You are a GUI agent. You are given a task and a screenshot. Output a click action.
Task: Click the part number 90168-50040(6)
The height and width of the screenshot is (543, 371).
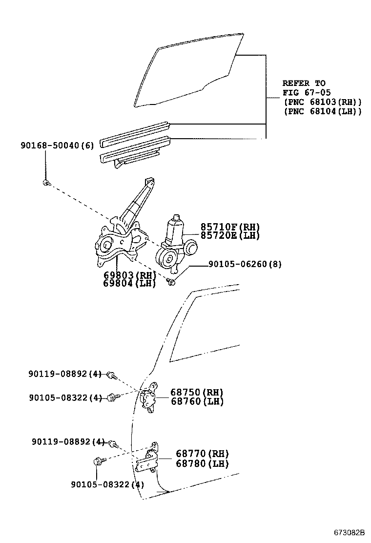(x=57, y=146)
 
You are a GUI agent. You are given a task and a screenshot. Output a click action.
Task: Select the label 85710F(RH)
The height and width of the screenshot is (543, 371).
(x=229, y=227)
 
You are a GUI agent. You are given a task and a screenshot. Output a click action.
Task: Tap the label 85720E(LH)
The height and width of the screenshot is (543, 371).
(x=229, y=235)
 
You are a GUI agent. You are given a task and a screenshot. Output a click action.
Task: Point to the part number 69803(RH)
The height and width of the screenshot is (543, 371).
(x=129, y=275)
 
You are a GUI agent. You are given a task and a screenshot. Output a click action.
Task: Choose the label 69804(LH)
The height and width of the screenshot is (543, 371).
(x=129, y=283)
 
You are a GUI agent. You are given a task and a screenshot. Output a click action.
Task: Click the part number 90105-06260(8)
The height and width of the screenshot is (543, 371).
(x=245, y=264)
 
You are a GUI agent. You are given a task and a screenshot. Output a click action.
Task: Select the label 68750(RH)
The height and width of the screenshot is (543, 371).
(x=197, y=392)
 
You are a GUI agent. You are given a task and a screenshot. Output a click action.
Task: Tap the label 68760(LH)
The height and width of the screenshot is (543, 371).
(x=197, y=401)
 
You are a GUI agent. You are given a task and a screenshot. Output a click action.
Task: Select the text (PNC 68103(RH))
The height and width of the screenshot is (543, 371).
(x=322, y=102)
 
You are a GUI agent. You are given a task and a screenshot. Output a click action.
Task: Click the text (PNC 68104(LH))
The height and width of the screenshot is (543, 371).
(x=322, y=111)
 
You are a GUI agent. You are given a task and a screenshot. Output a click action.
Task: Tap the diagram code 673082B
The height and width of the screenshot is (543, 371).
(x=350, y=532)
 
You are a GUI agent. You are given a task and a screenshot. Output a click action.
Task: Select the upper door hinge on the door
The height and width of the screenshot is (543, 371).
(x=148, y=397)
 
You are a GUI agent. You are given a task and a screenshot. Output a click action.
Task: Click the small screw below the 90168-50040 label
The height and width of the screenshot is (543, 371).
(x=45, y=183)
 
